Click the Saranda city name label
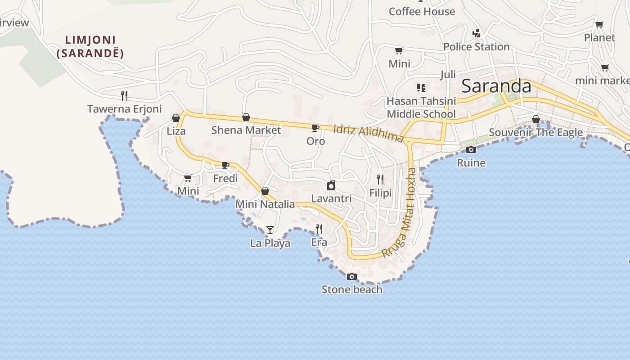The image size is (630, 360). [x=496, y=85]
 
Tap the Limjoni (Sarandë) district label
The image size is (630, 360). [x=90, y=47]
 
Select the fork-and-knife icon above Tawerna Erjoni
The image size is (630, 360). [x=124, y=95]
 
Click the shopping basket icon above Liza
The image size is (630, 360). [x=176, y=118]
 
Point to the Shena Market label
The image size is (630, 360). [x=246, y=130]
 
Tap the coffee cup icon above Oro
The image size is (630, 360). [x=315, y=128]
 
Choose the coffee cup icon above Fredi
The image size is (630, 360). [x=225, y=166]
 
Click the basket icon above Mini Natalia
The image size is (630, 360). [x=265, y=191]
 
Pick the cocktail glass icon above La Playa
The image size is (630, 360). [x=270, y=230]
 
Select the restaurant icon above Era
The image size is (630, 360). [x=319, y=229]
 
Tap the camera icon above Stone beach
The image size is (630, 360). [x=352, y=276]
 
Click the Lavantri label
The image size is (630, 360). [x=331, y=198]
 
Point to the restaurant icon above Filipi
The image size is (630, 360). [x=380, y=180]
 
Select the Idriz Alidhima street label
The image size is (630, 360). [x=368, y=134]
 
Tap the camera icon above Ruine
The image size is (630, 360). [x=471, y=149]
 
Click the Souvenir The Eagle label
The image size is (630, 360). [x=535, y=132]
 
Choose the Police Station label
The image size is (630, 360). [x=476, y=47]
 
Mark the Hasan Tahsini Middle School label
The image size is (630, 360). [x=421, y=108]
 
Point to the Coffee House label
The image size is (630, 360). [x=422, y=12]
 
